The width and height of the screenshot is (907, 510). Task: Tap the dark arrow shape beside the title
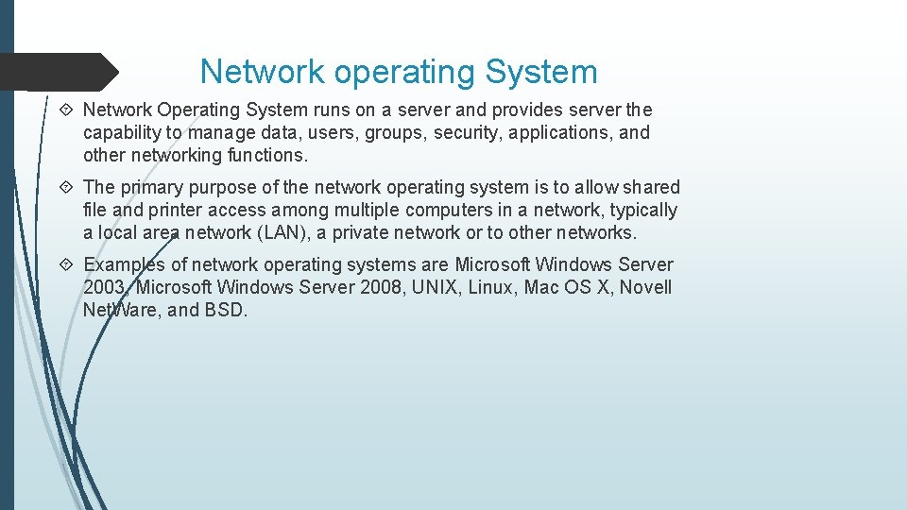tap(59, 72)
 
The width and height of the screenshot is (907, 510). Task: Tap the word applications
tap(561, 133)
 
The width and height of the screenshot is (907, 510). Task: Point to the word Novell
tap(646, 287)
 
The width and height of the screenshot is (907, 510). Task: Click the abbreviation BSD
tap(226, 310)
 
